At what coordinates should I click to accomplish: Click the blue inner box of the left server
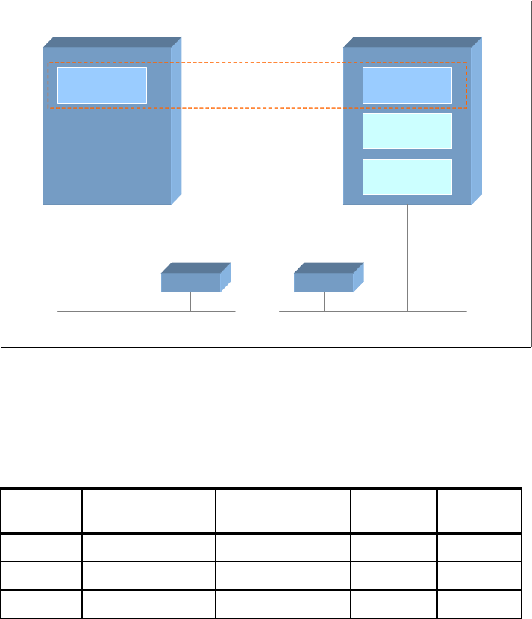(102, 85)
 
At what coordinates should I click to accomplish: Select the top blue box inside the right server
(407, 85)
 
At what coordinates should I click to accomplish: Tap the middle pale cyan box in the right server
(407, 131)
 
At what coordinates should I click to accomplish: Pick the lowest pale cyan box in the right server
(407, 176)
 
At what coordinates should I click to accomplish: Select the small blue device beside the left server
(190, 283)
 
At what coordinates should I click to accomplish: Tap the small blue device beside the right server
(323, 283)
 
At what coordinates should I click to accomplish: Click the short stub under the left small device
(190, 301)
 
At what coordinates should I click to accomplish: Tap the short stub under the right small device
(324, 301)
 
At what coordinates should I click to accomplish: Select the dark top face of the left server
(112, 42)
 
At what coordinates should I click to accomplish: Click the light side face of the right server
(476, 119)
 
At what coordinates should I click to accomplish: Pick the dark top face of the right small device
(329, 268)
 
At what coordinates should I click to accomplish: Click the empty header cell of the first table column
(41, 511)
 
